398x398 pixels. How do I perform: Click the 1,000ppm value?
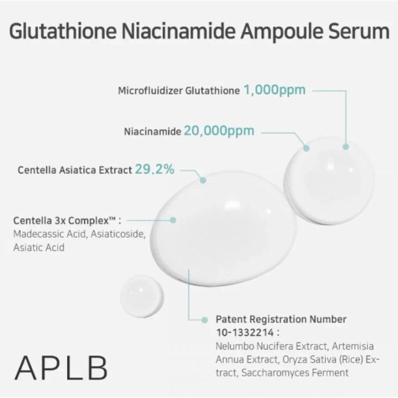274,90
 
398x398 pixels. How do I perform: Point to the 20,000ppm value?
219,131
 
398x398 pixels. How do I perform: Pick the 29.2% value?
155,169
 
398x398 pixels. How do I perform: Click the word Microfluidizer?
150,91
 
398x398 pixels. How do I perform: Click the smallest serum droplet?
142,296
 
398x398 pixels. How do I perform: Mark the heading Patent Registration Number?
281,319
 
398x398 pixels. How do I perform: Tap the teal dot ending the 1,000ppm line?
346,146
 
